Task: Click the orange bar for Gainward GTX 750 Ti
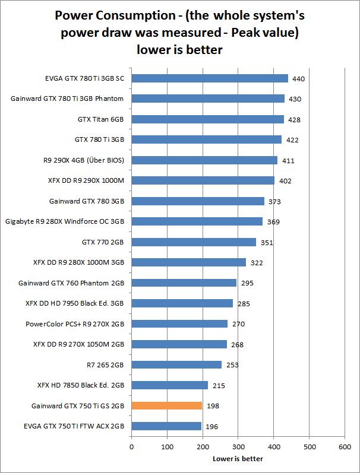coord(167,406)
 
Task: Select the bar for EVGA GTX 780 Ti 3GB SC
coord(210,78)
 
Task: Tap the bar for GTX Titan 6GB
coord(207,119)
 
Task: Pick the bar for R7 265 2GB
coord(176,364)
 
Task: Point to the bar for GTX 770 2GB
coord(194,242)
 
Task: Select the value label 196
coord(211,427)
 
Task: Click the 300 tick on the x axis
coord(238,447)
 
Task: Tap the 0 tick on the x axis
coord(131,447)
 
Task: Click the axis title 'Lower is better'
coord(238,459)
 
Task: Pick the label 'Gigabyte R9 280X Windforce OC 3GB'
coord(64,221)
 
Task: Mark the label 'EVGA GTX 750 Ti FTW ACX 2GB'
coord(74,426)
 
